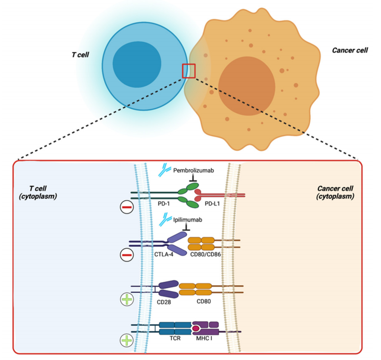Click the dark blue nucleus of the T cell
(x=136, y=65)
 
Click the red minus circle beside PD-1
(x=127, y=207)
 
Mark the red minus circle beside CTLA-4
(x=127, y=254)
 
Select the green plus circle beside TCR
(x=126, y=340)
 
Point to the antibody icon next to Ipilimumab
(x=165, y=219)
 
